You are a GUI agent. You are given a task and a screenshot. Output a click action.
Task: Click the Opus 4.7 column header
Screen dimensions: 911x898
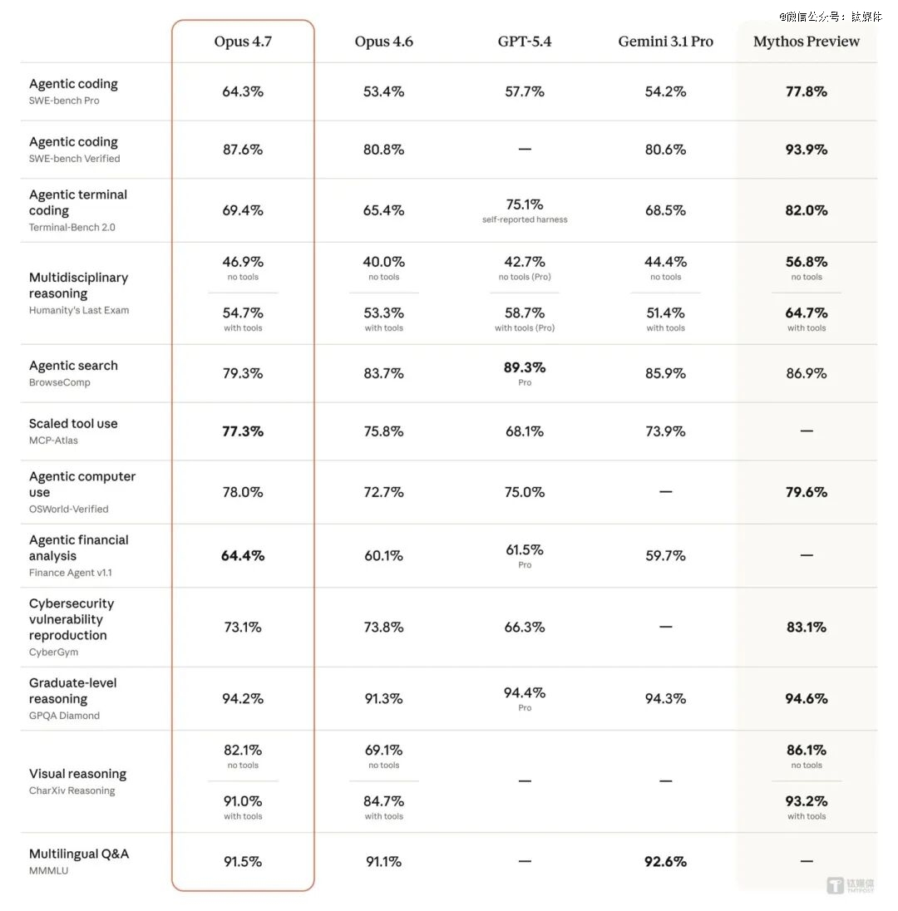[x=243, y=42]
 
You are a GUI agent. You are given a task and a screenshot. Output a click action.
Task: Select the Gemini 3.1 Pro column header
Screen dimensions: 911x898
[x=665, y=42]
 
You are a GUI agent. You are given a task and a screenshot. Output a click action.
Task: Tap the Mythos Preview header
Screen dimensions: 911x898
[x=807, y=42]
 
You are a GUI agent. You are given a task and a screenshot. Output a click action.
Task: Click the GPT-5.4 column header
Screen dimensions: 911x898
[x=525, y=42]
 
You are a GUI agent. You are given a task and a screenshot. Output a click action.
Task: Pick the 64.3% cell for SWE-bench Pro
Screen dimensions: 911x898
[x=243, y=91]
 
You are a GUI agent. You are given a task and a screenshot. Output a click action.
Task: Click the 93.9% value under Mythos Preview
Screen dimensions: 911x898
[x=807, y=150]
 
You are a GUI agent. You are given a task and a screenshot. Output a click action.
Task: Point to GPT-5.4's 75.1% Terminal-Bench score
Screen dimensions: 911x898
[x=525, y=204]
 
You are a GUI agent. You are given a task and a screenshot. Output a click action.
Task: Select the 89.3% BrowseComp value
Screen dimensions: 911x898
[x=525, y=367]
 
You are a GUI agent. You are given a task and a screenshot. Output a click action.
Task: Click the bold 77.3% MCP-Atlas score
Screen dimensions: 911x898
[x=243, y=431]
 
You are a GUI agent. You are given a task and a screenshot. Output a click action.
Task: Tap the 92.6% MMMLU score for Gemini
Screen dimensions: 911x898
[x=665, y=862]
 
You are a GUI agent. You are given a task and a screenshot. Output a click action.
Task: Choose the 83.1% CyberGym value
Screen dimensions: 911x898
[x=807, y=628]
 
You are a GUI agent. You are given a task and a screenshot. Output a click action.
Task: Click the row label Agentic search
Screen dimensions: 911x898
[x=73, y=366]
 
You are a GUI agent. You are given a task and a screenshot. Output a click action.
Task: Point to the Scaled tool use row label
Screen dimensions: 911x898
[x=73, y=424]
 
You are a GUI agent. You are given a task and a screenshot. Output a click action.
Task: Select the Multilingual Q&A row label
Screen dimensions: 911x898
[x=79, y=854]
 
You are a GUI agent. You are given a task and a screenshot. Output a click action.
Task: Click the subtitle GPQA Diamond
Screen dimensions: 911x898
[x=64, y=716]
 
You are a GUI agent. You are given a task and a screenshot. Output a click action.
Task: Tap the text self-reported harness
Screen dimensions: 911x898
[x=525, y=220]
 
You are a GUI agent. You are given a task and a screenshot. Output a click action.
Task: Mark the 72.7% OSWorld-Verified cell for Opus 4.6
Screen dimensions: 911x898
[x=383, y=492]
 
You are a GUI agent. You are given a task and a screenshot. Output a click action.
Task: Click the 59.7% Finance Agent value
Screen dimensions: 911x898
[x=665, y=555]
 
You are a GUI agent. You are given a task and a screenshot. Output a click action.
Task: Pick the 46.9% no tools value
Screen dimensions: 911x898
[x=243, y=263]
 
